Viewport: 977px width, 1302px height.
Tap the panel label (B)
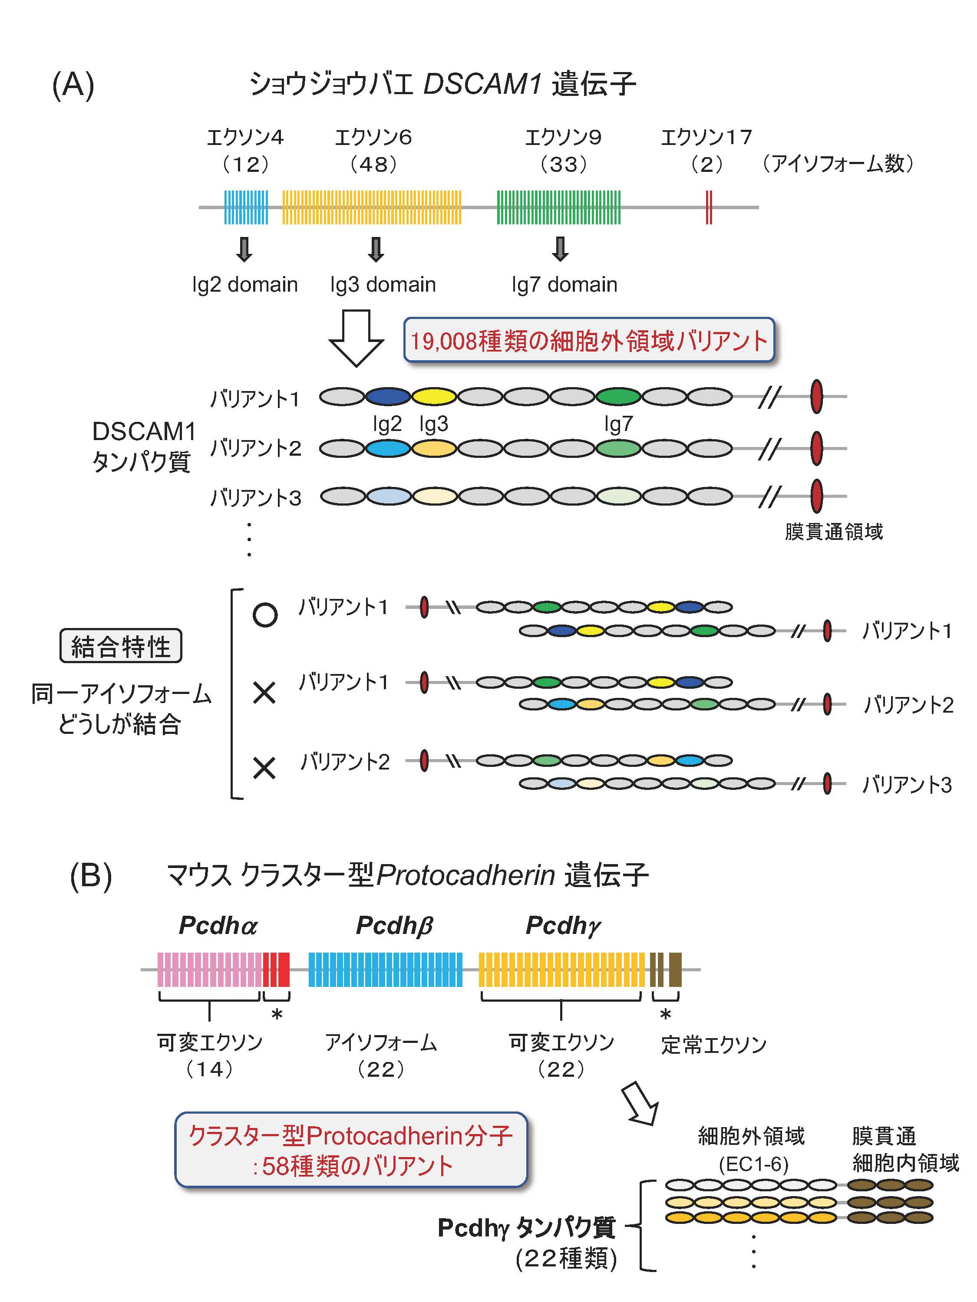[91, 876]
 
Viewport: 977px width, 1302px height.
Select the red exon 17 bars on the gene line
[709, 207]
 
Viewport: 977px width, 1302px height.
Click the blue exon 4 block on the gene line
[246, 207]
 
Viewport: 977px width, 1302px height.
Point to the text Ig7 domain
[564, 285]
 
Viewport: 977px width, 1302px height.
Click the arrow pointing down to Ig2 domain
[244, 249]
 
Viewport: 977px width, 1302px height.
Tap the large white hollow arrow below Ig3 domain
[356, 337]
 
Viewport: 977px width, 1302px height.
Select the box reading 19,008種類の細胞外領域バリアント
[588, 340]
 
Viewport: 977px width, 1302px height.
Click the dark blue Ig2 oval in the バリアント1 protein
[388, 397]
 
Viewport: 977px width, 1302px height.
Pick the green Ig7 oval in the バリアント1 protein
[618, 397]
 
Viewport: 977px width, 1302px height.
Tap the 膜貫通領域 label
[833, 532]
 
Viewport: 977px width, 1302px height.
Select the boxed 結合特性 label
[121, 646]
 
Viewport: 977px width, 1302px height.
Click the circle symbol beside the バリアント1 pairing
[265, 615]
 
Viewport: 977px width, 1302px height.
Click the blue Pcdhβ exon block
[385, 970]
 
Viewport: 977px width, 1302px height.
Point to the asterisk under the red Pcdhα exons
[277, 1015]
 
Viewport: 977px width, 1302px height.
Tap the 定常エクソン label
[713, 1045]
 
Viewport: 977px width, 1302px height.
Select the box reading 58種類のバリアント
[351, 1150]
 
